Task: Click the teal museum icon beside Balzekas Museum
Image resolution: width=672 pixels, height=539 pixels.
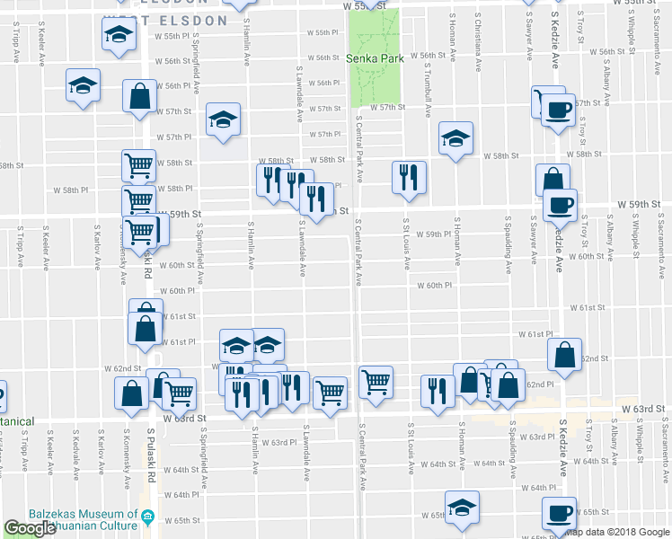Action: pos(148,518)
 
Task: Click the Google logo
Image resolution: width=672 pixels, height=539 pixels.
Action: pos(30,529)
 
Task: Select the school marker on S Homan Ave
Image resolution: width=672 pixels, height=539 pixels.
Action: pos(455,138)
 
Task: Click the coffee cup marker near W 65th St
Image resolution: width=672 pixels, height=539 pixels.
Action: pos(559,513)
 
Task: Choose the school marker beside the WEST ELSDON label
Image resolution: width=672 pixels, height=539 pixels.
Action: pos(117,35)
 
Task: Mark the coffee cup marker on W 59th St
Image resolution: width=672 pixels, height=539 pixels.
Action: pos(559,204)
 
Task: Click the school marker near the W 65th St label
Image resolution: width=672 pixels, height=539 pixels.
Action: pos(462,509)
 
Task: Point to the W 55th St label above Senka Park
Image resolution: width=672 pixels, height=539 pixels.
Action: pos(369,5)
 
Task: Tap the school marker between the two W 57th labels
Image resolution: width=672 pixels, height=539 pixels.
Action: pos(223,119)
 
